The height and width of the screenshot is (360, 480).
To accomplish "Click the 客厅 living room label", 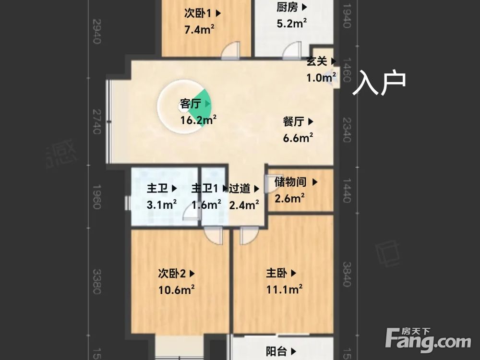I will pos(190,104).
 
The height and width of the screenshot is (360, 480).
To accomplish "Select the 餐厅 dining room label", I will pos(293,122).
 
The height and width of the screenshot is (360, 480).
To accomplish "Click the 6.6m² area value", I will pos(298,138).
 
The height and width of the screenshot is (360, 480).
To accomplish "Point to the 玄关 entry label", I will pos(317,61).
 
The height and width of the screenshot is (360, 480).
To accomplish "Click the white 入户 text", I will pos(379,84).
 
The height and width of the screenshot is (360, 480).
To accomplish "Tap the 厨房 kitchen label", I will pos(287,7).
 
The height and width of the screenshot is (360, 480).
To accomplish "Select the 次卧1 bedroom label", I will pos(197,13).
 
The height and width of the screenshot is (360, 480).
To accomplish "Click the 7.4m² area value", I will pos(199,30).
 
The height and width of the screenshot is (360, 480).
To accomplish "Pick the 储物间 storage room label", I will pos(291,182).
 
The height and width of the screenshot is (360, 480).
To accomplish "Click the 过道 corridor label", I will pos(240,189).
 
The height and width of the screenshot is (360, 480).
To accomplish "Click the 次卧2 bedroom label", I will pos(172,274).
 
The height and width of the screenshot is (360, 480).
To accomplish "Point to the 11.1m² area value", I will pos(284,289).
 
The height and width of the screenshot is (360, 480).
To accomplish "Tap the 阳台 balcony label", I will pos(276,352).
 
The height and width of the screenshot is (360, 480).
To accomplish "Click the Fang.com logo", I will pos(428,341).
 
